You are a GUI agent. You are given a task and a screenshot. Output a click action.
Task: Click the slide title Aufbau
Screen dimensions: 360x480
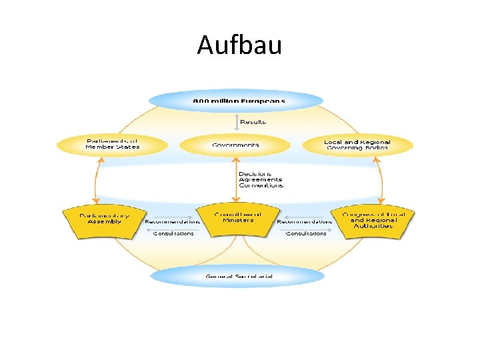239,46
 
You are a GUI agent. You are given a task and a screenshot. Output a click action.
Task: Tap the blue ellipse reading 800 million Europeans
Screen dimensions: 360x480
236,101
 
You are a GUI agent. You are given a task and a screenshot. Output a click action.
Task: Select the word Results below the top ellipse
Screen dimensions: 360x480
253,122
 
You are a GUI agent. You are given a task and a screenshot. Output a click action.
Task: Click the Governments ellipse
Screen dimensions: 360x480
235,145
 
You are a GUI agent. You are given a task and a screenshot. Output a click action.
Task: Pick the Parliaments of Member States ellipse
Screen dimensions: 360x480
112,144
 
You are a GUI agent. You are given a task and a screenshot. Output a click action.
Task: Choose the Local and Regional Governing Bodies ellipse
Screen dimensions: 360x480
357,145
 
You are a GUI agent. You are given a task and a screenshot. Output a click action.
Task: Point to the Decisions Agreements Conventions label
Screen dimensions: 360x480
261,179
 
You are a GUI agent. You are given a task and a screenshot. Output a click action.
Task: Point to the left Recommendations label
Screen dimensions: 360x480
173,221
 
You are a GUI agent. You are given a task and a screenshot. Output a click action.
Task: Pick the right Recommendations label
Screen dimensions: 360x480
304,221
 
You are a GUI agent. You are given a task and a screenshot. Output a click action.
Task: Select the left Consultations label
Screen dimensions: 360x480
173,233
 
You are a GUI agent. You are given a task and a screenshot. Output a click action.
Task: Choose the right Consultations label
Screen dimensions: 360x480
306,233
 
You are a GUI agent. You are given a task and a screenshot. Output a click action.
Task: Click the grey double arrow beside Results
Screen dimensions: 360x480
235,122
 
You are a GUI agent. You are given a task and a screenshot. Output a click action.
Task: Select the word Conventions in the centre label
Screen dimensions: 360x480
261,185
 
